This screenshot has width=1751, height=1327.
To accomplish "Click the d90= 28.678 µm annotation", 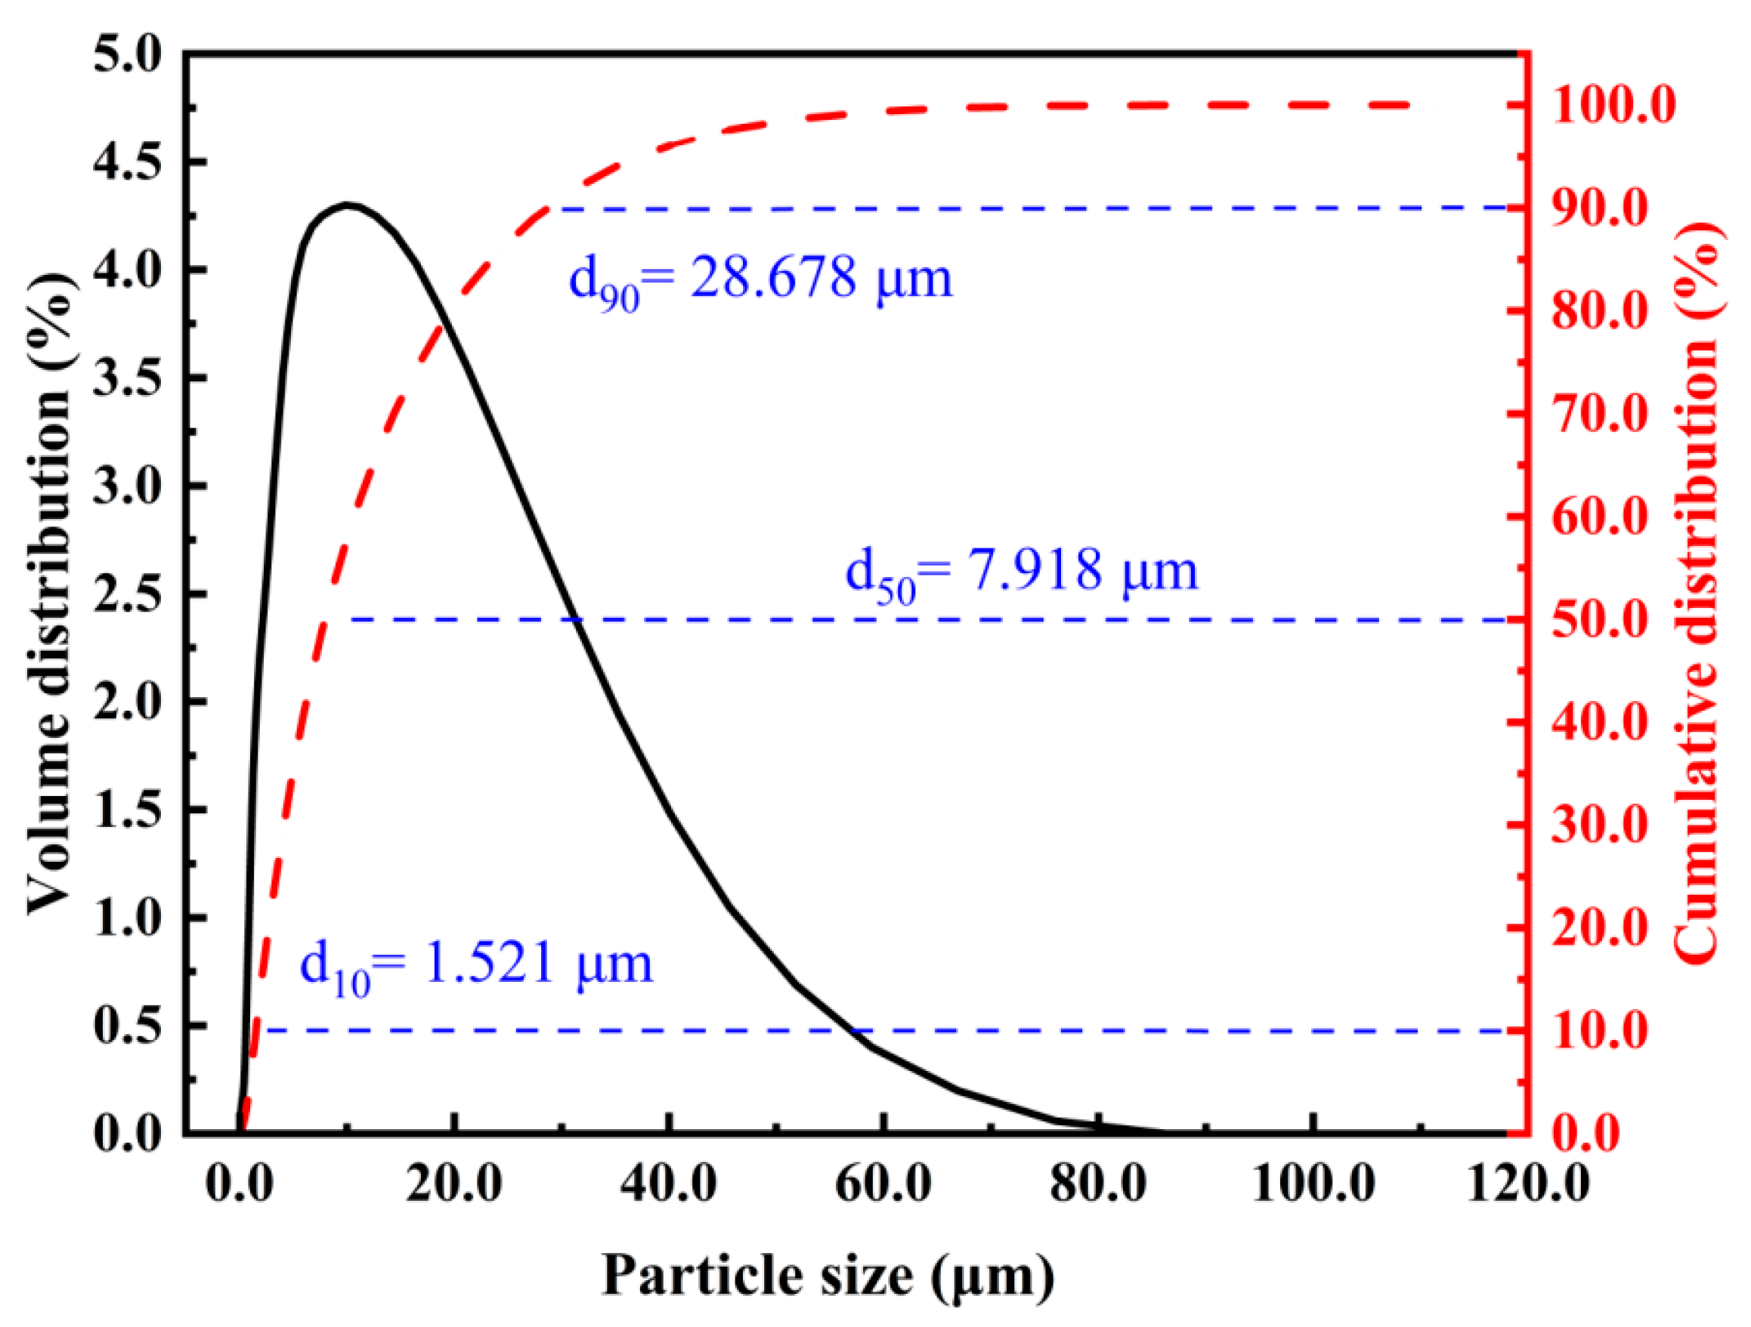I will (x=761, y=281).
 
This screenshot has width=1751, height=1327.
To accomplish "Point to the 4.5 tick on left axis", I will (x=128, y=162).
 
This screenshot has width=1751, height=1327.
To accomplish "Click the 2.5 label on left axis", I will (x=128, y=594).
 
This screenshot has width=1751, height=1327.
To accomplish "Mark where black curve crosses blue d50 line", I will (x=577, y=619).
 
